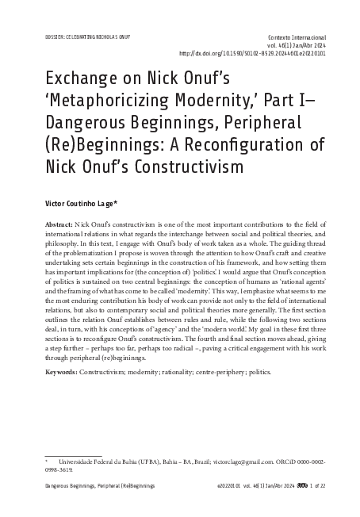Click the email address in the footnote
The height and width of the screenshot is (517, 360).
click(x=243, y=459)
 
